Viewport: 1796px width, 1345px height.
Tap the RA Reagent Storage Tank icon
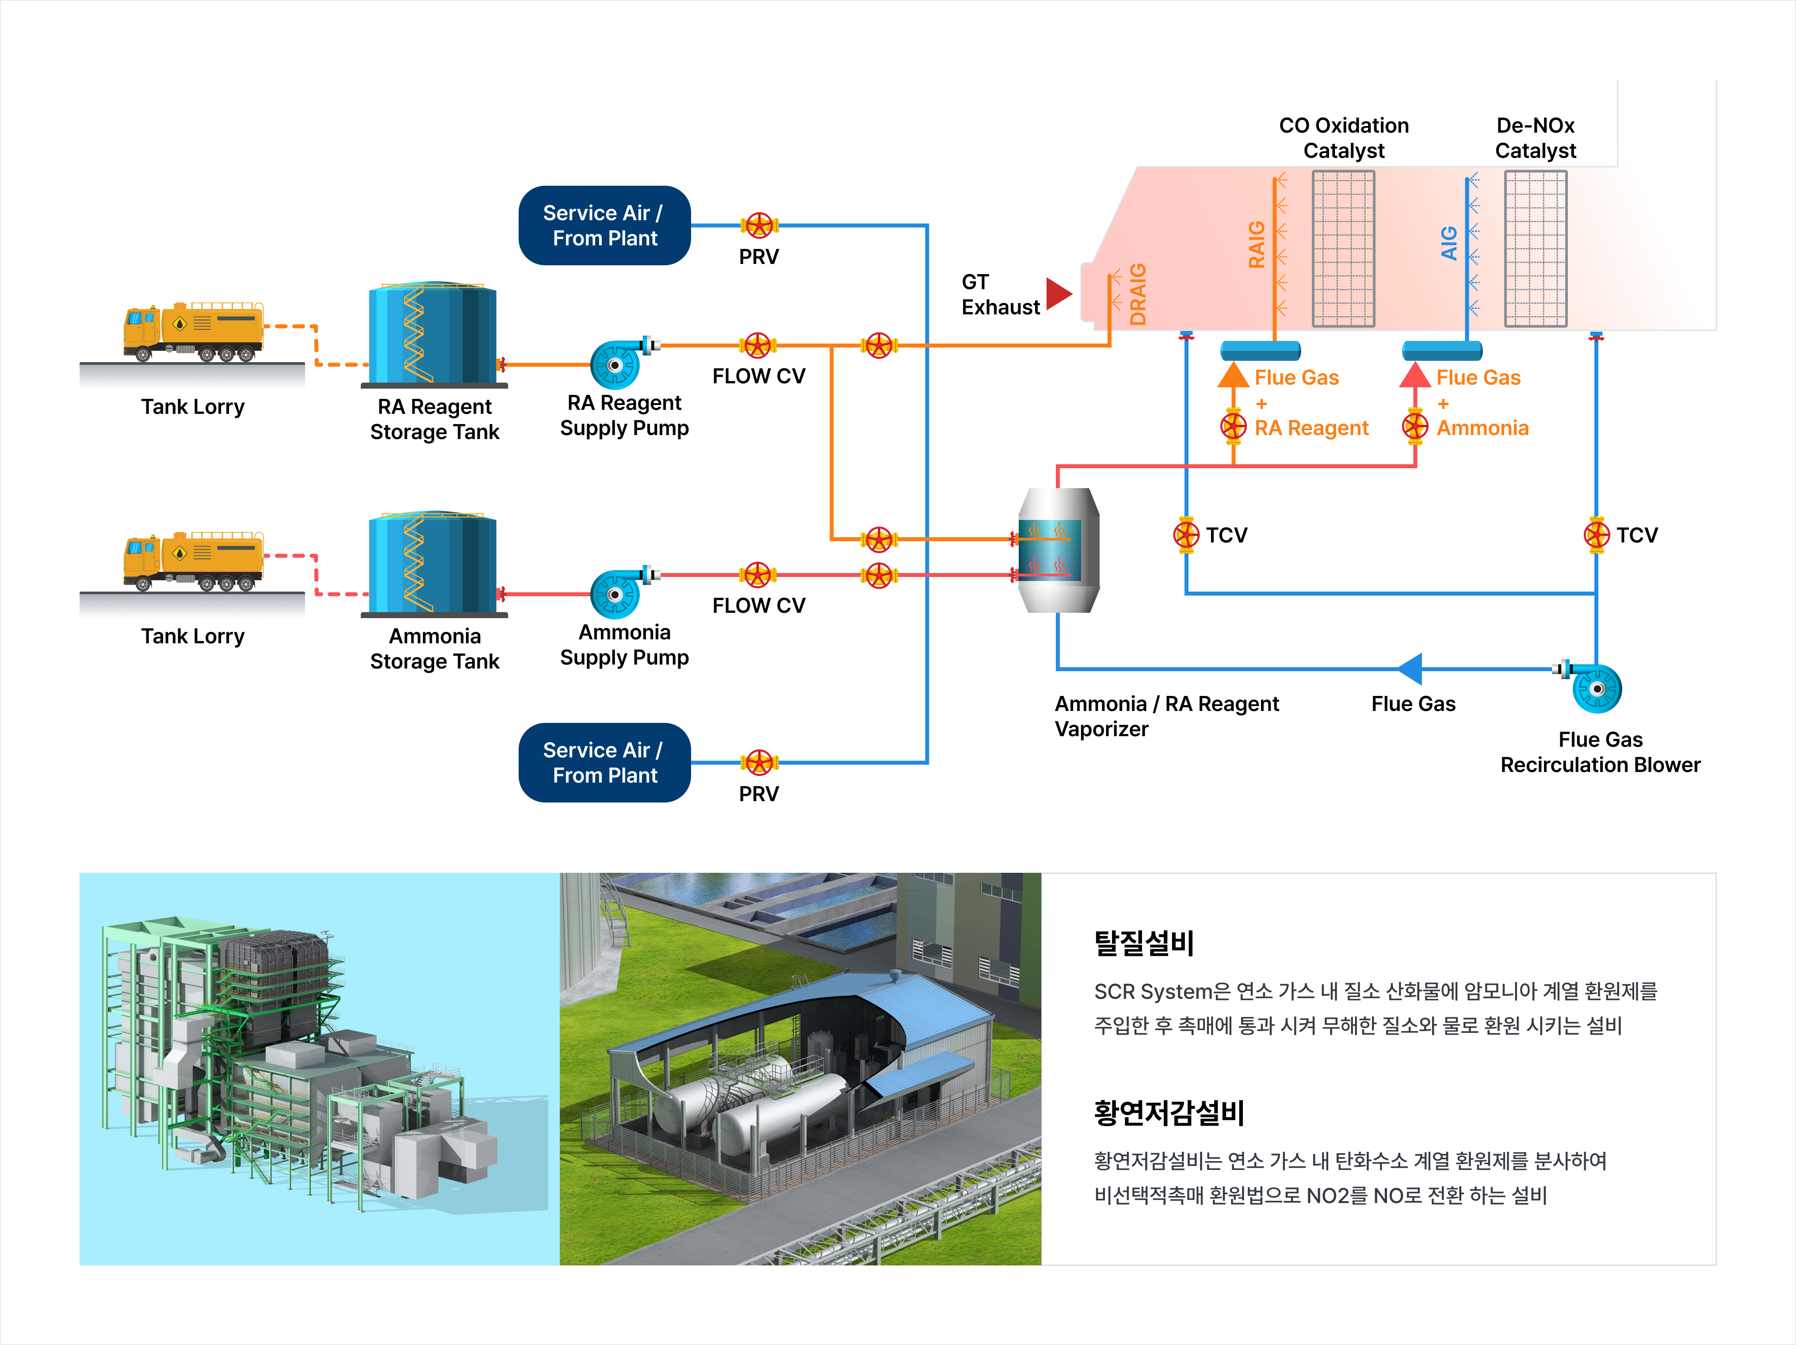(433, 334)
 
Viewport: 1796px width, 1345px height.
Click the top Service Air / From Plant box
(604, 225)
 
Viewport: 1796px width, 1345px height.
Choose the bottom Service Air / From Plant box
(604, 763)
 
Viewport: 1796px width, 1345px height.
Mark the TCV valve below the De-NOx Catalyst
(1596, 535)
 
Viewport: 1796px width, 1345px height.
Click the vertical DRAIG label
(1139, 294)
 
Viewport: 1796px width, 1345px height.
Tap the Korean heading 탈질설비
(1143, 943)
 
